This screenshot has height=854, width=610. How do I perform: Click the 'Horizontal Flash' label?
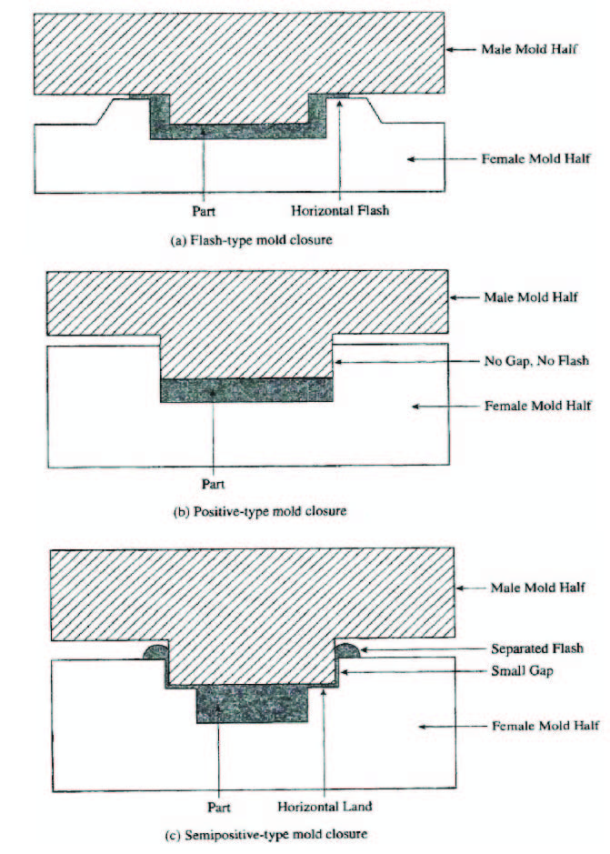[x=340, y=210]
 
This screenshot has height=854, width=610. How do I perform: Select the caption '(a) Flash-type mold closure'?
[x=251, y=239]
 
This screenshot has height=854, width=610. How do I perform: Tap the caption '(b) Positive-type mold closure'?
[x=260, y=511]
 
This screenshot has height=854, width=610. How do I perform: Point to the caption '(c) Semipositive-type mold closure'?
[x=266, y=834]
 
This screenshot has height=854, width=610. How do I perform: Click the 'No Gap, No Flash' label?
[x=536, y=360]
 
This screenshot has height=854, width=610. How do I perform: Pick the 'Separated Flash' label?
[x=537, y=648]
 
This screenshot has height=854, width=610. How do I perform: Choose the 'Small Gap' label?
[x=522, y=670]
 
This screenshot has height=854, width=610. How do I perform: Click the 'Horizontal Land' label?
[x=325, y=807]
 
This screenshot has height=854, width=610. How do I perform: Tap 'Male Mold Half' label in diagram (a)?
[x=529, y=49]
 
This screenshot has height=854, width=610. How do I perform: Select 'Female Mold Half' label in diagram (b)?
[x=538, y=406]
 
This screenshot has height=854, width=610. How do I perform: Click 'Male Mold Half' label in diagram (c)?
[x=537, y=588]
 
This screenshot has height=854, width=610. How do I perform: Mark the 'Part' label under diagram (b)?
[x=213, y=484]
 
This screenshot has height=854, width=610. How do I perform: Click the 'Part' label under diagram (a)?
[x=203, y=210]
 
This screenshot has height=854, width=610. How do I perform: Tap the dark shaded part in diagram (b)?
[x=246, y=390]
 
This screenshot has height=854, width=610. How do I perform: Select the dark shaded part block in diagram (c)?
[x=252, y=704]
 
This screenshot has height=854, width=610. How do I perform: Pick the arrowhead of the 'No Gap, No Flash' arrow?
[x=337, y=361]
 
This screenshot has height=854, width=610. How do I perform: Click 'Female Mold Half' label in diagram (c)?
[x=545, y=726]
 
